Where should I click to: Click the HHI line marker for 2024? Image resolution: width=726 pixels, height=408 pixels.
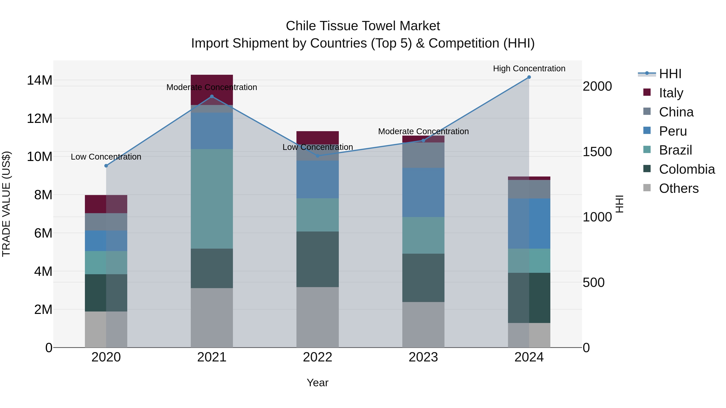pyautogui.click(x=529, y=77)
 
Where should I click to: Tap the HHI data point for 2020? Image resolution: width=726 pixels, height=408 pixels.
pyautogui.click(x=106, y=166)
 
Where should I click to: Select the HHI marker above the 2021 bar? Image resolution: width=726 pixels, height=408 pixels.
pyautogui.click(x=212, y=97)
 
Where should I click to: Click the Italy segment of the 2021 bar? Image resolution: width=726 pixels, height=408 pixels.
pyautogui.click(x=212, y=82)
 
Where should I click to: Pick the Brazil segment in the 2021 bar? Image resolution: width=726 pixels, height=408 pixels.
pyautogui.click(x=212, y=199)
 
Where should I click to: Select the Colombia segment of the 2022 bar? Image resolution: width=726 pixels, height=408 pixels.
pyautogui.click(x=318, y=259)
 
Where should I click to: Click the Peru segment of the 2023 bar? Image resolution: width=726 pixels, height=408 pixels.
pyautogui.click(x=423, y=192)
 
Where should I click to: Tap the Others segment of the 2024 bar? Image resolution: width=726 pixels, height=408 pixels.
pyautogui.click(x=529, y=335)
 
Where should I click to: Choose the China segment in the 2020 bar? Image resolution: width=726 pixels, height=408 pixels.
pyautogui.click(x=106, y=222)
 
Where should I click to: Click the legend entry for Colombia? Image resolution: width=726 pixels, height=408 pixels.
pyautogui.click(x=686, y=169)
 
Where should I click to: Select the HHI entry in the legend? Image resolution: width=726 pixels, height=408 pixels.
pyautogui.click(x=670, y=74)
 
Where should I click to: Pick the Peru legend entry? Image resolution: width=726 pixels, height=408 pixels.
pyautogui.click(x=673, y=131)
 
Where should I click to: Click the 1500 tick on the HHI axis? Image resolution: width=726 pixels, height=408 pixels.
pyautogui.click(x=597, y=152)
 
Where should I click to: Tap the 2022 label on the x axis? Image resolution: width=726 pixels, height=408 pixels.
pyautogui.click(x=318, y=357)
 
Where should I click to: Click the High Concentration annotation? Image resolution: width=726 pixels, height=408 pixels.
pyautogui.click(x=529, y=69)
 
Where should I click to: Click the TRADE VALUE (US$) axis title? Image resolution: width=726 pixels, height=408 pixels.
pyautogui.click(x=6, y=204)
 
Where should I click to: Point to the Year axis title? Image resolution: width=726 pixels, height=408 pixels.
pyautogui.click(x=318, y=383)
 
